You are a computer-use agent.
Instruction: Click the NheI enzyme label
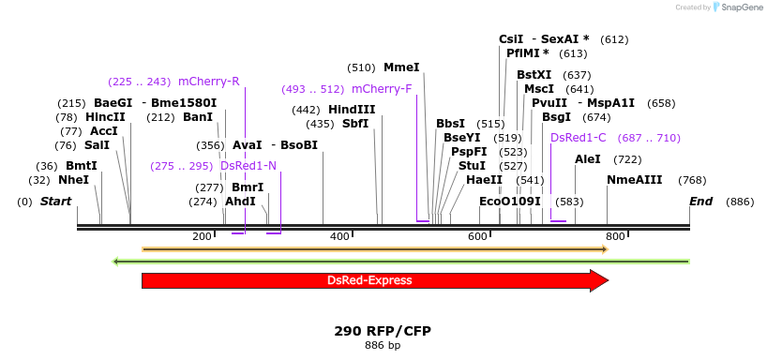[74, 180]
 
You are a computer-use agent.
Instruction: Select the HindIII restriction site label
[352, 110]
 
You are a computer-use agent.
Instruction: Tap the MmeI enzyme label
[401, 67]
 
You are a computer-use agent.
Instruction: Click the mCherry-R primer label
[208, 82]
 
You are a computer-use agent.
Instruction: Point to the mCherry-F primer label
[382, 89]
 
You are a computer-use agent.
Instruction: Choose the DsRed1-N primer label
[248, 166]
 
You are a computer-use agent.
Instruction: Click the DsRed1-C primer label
[578, 138]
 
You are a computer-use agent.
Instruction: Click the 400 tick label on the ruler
[339, 236]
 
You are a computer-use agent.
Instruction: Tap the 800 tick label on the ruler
[615, 236]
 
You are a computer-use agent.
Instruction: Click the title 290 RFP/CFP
[382, 331]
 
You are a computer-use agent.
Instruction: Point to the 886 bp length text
[382, 346]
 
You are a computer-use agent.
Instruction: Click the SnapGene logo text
[741, 7]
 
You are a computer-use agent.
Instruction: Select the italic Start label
[55, 202]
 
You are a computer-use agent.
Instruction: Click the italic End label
[700, 202]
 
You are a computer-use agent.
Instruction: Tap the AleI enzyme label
[588, 159]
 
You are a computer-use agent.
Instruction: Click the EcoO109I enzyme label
[510, 202]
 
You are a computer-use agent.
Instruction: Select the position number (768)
[692, 180]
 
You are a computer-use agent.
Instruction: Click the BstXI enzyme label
[534, 75]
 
